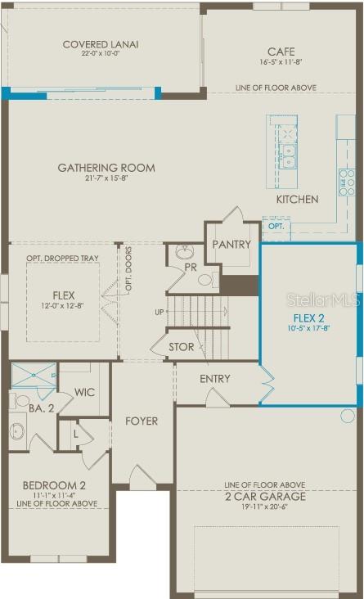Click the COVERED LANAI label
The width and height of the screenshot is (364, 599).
coord(101,44)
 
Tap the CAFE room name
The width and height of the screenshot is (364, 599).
coord(281,51)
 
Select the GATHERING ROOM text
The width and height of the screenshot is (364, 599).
coord(106,168)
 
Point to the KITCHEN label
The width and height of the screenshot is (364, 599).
coord(297,200)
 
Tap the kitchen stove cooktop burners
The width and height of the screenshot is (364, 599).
coord(347,181)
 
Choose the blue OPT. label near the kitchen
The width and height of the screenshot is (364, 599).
coord(276,225)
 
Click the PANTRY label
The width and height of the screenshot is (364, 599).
coord(231,245)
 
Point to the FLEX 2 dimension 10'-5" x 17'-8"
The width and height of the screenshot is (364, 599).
coord(308,330)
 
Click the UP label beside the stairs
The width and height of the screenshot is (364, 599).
coord(160,313)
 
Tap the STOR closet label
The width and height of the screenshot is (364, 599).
coord(182,347)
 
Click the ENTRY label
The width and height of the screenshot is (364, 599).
coord(214,379)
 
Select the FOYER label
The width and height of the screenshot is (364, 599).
coord(142,421)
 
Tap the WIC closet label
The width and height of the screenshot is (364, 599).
coord(85,393)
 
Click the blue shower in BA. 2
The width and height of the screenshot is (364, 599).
coord(33,376)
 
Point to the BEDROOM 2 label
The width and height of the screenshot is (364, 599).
coord(54,484)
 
